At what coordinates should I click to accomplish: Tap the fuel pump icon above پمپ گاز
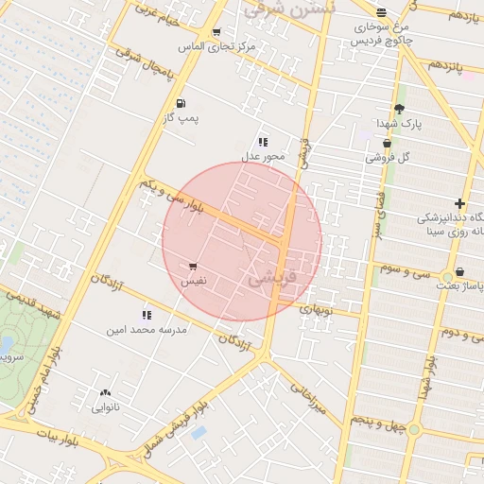(x=180, y=103)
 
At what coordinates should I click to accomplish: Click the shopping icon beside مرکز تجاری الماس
(x=216, y=32)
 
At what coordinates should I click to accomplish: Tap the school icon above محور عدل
(x=263, y=141)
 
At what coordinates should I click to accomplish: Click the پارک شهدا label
(x=398, y=124)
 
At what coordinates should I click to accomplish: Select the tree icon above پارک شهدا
(x=399, y=108)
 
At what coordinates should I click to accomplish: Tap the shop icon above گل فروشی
(x=387, y=143)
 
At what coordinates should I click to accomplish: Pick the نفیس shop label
(x=193, y=283)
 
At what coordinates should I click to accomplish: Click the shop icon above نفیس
(x=193, y=268)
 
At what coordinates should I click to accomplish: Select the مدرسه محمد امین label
(x=146, y=330)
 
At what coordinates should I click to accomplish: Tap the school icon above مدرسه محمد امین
(x=146, y=314)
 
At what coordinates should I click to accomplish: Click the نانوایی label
(x=105, y=408)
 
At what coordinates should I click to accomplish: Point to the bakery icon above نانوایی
(x=104, y=392)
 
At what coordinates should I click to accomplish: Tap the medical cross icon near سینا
(x=459, y=203)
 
